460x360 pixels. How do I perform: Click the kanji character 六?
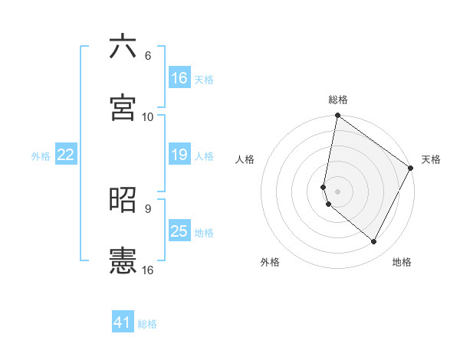(123, 47)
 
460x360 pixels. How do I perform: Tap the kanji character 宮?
(123, 108)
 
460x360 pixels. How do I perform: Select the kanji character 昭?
(123, 200)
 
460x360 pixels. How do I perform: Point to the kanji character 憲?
(123, 261)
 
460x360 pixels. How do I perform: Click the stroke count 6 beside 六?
(148, 56)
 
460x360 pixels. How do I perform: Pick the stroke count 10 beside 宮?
(148, 117)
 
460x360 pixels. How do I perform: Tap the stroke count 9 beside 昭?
(148, 208)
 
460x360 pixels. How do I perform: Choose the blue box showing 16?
(179, 78)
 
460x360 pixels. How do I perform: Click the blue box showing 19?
(179, 155)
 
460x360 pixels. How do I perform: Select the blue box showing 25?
(179, 231)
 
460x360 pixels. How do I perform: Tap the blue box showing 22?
(66, 155)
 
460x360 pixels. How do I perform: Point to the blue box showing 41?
(123, 322)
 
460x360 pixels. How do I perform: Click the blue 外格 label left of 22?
(41, 155)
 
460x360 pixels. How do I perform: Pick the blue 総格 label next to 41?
(147, 324)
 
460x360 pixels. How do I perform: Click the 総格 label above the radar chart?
(338, 100)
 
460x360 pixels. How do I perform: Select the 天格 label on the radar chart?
(431, 159)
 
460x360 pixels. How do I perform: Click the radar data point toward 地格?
(374, 241)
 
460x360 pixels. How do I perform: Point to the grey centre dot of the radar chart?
(338, 191)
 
